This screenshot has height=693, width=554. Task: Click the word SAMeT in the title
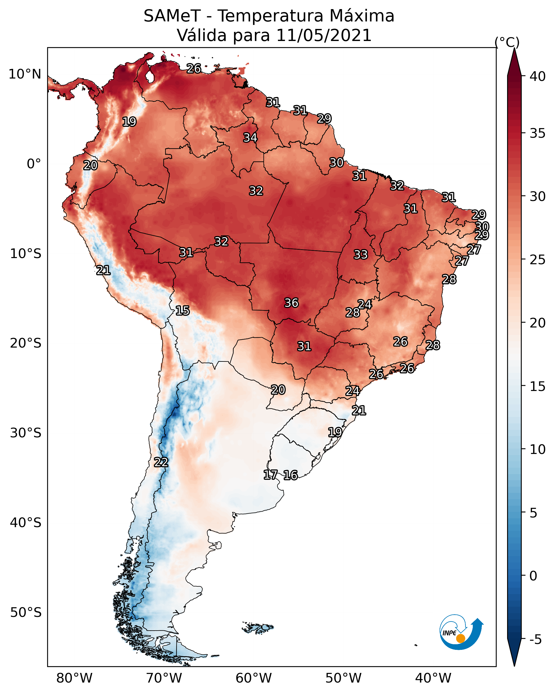tap(172, 16)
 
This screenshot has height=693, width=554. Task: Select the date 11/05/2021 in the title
tap(324, 35)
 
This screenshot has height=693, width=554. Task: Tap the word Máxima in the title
tap(362, 16)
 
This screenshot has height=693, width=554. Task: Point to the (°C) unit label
tap(507, 42)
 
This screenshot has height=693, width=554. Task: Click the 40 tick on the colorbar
tap(538, 76)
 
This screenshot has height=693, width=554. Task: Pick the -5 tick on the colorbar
tap(535, 639)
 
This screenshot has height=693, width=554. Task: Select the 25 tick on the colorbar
tap(538, 260)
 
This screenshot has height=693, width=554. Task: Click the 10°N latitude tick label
tap(25, 74)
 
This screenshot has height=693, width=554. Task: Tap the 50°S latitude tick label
tap(26, 612)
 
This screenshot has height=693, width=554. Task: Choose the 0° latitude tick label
tap(34, 164)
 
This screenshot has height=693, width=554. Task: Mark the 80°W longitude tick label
tap(74, 678)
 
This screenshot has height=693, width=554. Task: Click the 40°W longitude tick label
tap(433, 678)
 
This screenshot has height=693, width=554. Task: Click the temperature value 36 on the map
tap(291, 303)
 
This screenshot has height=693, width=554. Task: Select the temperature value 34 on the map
tap(250, 137)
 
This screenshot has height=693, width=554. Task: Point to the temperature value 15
tap(182, 311)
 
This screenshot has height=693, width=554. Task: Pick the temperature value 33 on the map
tap(360, 255)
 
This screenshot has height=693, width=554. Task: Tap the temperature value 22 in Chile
tap(161, 462)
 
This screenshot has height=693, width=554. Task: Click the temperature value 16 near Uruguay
tap(290, 475)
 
